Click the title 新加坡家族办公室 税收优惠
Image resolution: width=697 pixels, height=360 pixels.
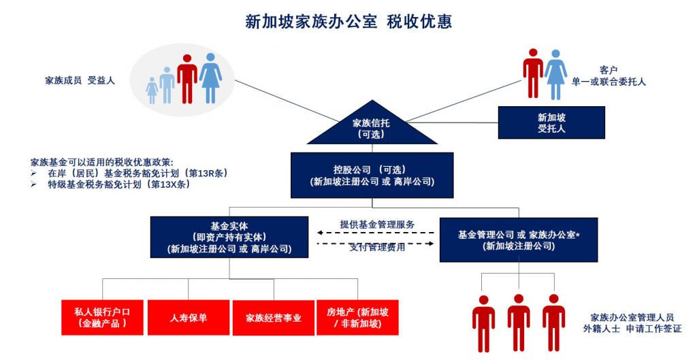348,21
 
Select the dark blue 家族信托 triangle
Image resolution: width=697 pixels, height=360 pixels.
372,129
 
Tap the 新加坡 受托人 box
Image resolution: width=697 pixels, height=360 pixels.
551,122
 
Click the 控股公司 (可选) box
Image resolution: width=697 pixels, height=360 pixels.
372,176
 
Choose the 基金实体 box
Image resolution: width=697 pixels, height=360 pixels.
229,237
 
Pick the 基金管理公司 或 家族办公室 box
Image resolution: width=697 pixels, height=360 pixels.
518,240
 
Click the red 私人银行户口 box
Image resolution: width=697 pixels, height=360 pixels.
102,317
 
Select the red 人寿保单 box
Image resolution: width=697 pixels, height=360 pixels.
189,317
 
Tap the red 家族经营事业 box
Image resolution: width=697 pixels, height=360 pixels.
273,317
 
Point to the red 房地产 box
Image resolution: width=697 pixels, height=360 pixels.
357,317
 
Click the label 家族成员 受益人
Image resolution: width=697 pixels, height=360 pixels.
80,80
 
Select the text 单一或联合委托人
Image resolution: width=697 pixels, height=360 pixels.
609,82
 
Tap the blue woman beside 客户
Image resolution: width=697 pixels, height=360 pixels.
555,74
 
